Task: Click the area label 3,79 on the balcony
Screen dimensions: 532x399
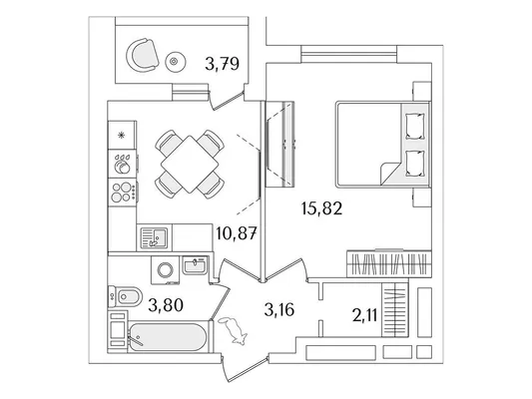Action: coord(223,64)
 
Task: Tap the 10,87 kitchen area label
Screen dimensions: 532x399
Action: coord(237,233)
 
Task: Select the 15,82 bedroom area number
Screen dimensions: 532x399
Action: coord(321,208)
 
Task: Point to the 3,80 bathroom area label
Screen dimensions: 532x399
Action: coord(166,305)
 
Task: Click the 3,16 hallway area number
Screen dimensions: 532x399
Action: coord(278,309)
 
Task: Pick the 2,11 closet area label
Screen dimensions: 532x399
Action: coord(365,316)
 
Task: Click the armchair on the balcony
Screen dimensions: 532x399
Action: coord(143,55)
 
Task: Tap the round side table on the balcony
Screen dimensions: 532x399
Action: coord(176,62)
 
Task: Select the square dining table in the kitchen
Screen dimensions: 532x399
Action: coord(190,164)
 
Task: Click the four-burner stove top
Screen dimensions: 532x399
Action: coord(123,192)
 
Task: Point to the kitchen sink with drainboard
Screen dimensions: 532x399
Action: coord(154,237)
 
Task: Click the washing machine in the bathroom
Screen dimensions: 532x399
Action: coord(166,270)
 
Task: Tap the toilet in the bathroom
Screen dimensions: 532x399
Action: coord(124,296)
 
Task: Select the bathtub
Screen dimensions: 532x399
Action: coord(168,337)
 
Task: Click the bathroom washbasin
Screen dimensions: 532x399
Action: coord(194,265)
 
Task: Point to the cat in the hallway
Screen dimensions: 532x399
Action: coord(234,330)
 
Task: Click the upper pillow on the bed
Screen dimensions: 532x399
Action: coord(415,126)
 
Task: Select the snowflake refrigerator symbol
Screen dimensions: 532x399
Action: coord(121,136)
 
